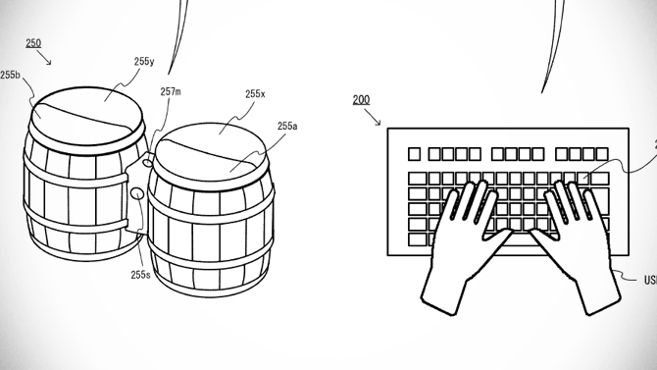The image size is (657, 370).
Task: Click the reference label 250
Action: click(x=32, y=43)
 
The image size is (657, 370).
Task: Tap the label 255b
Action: click(x=11, y=75)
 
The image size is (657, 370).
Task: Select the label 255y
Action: click(x=143, y=61)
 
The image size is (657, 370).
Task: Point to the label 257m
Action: click(x=170, y=91)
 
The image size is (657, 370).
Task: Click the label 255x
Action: click(x=255, y=94)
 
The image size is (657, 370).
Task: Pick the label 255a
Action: click(x=287, y=126)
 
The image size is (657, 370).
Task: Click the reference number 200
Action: click(x=362, y=100)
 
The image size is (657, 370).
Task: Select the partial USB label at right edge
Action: click(x=650, y=280)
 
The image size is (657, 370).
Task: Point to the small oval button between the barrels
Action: click(x=138, y=195)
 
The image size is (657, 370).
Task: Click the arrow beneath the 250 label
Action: click(x=45, y=61)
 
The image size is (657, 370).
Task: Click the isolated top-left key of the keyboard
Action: click(x=413, y=154)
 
